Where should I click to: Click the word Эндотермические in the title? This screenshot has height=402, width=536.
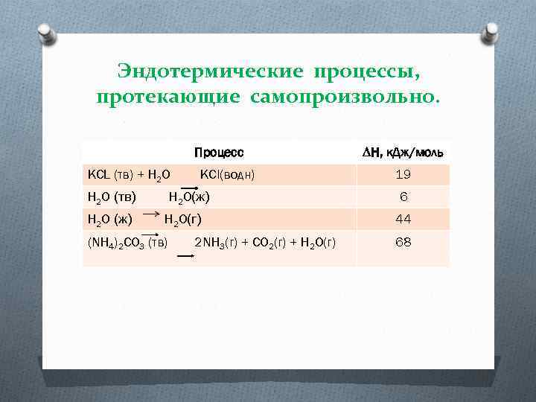point(210,72)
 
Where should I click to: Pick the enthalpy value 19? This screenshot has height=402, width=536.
point(403,175)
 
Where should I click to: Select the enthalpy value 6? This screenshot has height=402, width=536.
point(403,197)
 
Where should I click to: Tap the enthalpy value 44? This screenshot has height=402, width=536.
point(403,220)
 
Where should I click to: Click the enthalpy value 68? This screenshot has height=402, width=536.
point(403,243)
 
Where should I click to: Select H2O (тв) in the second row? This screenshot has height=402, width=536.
point(112,197)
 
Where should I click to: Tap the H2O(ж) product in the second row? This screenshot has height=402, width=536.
point(189,197)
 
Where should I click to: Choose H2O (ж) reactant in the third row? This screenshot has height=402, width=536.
point(110,220)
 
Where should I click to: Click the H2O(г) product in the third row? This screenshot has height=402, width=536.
point(182,220)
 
